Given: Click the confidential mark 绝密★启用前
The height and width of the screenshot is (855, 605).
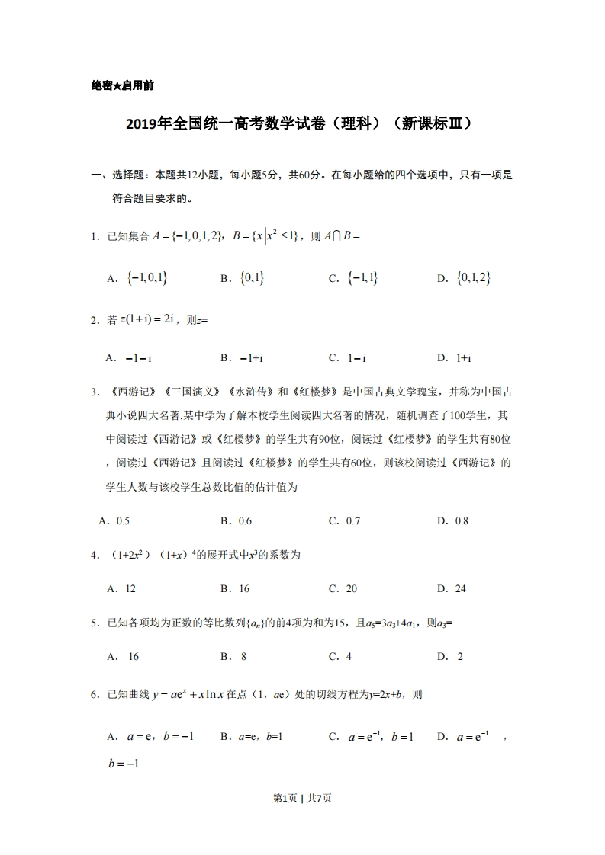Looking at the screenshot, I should coord(122,86).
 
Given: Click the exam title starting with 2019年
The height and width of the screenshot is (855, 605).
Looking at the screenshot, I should coord(302,123).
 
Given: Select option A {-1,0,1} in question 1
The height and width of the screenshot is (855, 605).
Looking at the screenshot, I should coord(140,279).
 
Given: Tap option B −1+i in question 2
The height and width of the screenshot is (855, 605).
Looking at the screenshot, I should coord(243,357).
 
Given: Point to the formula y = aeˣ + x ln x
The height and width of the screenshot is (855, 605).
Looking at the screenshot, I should coord(195,694).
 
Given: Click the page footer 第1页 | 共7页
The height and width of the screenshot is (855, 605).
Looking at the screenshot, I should coord(302,798).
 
